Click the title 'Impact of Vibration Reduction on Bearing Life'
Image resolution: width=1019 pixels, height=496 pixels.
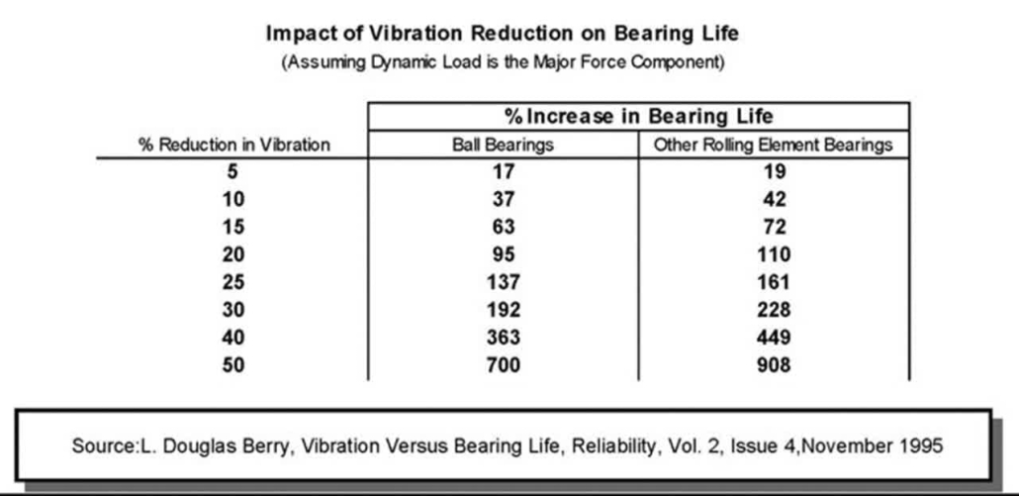(503, 33)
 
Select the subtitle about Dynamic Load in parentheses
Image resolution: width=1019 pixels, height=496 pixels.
(504, 63)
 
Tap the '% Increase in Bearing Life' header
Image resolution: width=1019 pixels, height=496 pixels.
(638, 116)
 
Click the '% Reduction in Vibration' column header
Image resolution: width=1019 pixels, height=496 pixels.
(232, 145)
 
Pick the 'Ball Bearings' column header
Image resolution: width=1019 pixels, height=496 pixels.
(503, 145)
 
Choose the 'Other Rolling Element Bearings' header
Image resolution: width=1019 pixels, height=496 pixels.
(773, 145)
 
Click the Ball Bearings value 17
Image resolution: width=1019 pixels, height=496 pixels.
(503, 170)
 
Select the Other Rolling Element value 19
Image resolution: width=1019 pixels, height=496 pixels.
(773, 170)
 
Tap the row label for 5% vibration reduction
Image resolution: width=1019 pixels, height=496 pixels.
(232, 170)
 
